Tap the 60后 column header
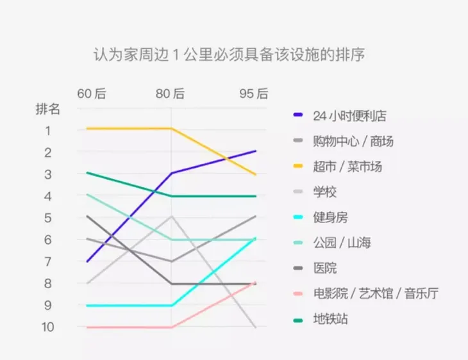(91, 94)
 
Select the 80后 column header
(171, 94)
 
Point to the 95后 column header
(254, 94)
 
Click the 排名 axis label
(47, 109)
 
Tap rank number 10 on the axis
(47, 327)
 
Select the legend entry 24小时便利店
(349, 116)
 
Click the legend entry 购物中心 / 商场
(353, 141)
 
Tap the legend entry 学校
(324, 192)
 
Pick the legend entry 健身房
(330, 217)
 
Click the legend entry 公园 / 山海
(342, 242)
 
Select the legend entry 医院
(324, 268)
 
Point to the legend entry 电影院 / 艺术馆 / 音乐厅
(375, 293)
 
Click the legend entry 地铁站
(330, 318)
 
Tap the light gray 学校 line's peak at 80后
(171, 217)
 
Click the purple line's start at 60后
(87, 261)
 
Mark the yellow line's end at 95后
(256, 174)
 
